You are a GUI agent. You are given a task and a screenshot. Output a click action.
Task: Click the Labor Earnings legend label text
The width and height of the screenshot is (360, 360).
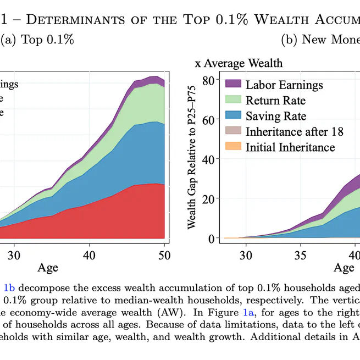click(284, 85)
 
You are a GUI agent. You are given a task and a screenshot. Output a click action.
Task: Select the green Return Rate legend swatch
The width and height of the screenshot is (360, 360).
click(234, 101)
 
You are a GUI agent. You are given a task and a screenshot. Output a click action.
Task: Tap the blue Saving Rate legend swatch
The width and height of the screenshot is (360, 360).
click(234, 117)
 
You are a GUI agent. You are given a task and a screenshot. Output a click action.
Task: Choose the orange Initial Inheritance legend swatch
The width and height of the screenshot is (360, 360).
click(234, 147)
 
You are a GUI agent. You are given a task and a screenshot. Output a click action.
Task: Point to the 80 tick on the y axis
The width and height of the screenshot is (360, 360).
click(208, 80)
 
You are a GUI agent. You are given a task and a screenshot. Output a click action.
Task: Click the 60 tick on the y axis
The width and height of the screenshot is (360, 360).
click(208, 120)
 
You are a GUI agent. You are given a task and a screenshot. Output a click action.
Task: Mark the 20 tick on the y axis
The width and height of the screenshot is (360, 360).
click(208, 198)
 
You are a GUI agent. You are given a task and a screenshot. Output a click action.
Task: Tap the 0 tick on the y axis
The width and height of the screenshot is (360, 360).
click(211, 238)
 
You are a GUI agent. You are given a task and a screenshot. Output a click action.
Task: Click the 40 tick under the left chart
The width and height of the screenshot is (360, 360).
click(90, 255)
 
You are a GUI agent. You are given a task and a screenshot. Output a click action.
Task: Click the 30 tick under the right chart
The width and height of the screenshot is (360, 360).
click(246, 255)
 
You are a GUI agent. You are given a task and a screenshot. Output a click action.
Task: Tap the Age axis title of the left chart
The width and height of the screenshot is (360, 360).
click(48, 268)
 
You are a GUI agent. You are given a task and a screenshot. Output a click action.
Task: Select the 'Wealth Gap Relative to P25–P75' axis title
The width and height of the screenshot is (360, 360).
click(192, 160)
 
